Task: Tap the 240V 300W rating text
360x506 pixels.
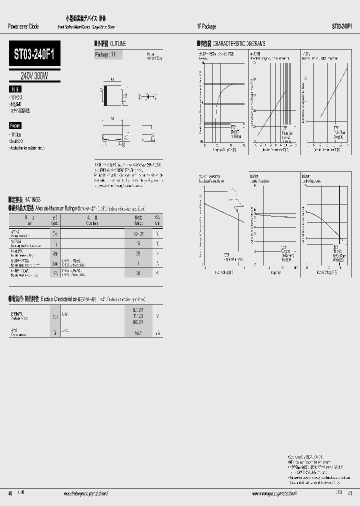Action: (34, 76)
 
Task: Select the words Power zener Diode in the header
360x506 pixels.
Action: (24, 26)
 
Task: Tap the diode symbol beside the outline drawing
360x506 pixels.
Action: (144, 95)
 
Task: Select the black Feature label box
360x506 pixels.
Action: (15, 125)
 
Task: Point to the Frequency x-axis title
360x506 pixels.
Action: (274, 273)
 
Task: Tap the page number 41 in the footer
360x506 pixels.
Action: (348, 493)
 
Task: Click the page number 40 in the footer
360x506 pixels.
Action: (10, 493)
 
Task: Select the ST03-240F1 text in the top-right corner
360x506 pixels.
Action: (344, 26)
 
